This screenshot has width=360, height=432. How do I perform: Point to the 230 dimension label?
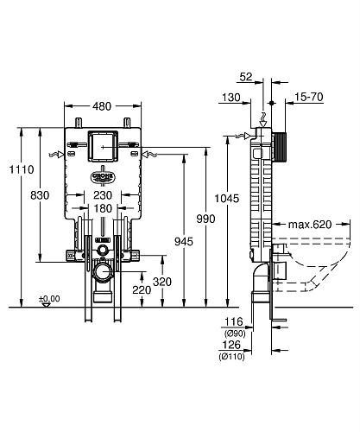point(103,195)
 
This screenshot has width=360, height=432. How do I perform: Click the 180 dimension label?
point(103,210)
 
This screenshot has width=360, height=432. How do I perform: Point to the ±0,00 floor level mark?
point(49,299)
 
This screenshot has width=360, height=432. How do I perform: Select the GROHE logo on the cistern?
point(103,178)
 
